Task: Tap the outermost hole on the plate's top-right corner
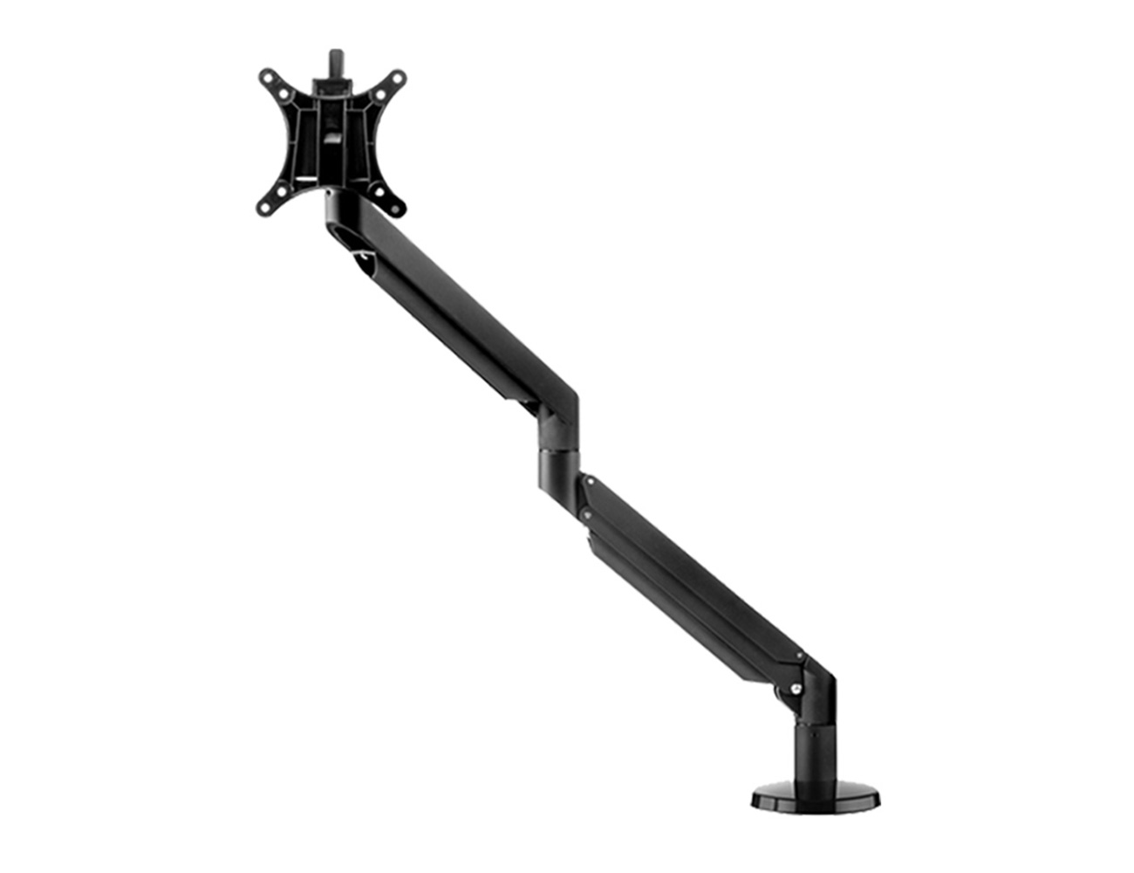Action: click(x=400, y=77)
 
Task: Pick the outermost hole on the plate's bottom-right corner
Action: click(x=399, y=208)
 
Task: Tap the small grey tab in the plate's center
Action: click(x=332, y=138)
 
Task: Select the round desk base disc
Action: click(x=816, y=797)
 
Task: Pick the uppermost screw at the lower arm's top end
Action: click(x=591, y=479)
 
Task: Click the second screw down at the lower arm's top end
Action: click(x=587, y=516)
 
